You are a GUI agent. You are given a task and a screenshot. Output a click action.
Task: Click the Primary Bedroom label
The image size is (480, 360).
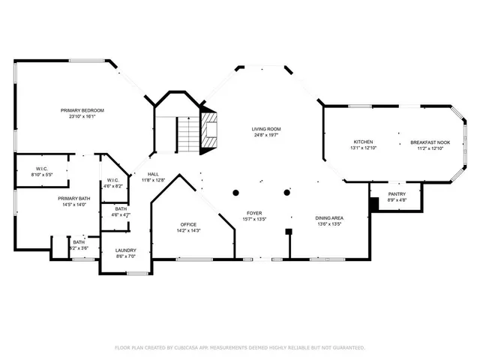pos(82,110)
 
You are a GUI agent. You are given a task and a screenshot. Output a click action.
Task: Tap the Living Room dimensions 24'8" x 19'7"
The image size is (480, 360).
pos(266,136)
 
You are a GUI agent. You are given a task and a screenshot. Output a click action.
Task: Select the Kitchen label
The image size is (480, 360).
pos(363,141)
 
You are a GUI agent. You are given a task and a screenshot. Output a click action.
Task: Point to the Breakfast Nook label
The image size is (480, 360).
pos(429,141)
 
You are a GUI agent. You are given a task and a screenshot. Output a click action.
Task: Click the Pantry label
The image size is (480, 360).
pos(397,194)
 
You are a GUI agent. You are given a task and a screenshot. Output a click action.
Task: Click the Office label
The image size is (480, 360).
pos(187,224)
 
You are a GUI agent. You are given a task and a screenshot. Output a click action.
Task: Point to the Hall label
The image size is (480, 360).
pos(153,174)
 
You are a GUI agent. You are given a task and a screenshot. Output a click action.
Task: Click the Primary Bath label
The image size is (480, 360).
pos(74,198)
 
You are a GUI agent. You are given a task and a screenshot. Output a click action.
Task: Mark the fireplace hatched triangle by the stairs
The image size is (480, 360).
pos(211,132)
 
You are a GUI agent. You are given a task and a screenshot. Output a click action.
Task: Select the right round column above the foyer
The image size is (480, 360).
pos(286,193)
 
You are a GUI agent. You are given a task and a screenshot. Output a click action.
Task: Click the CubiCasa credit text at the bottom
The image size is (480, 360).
pos(240,347)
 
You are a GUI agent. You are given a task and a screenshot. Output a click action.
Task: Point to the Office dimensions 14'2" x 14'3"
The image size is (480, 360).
pos(187,230)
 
